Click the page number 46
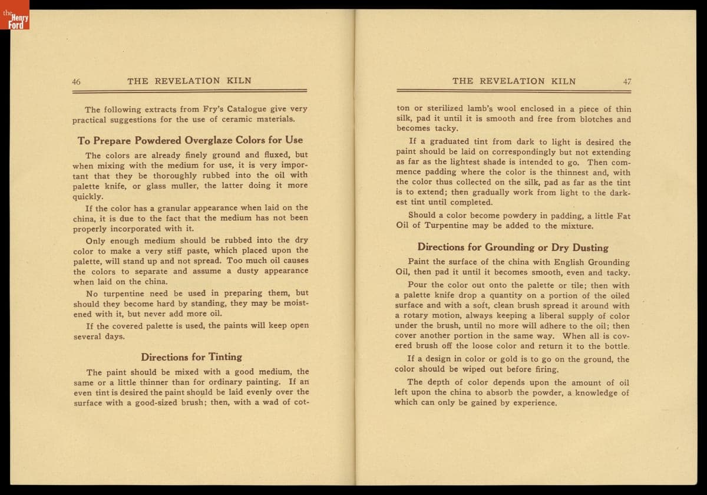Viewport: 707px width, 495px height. pyautogui.click(x=76, y=82)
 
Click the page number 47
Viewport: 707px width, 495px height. pyautogui.click(x=626, y=82)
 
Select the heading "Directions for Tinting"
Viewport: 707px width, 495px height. pyautogui.click(x=191, y=357)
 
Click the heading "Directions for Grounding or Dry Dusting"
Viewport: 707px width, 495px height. pyautogui.click(x=513, y=247)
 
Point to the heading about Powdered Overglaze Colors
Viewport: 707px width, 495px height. pyautogui.click(x=190, y=140)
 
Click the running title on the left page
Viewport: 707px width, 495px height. pyautogui.click(x=189, y=81)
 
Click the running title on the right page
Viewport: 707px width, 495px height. pyautogui.click(x=514, y=81)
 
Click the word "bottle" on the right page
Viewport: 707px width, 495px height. pyautogui.click(x=615, y=346)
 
